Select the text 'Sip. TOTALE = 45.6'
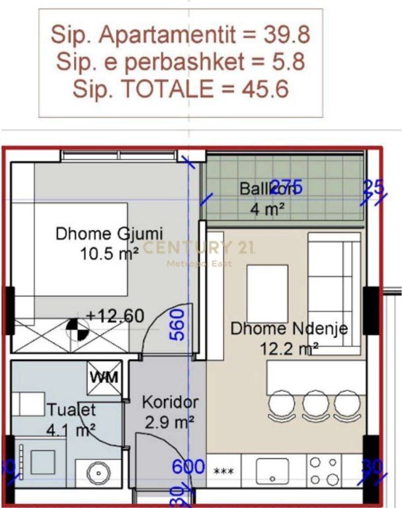click(x=181, y=89)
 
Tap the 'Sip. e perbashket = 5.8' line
click(x=181, y=62)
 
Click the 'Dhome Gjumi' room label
click(x=109, y=233)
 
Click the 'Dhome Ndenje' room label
click(x=288, y=329)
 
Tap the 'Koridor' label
click(x=170, y=402)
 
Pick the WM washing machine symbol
click(x=105, y=378)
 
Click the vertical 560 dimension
click(x=177, y=324)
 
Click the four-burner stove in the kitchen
click(x=324, y=471)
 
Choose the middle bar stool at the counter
click(x=315, y=402)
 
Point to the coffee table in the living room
click(x=267, y=284)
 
